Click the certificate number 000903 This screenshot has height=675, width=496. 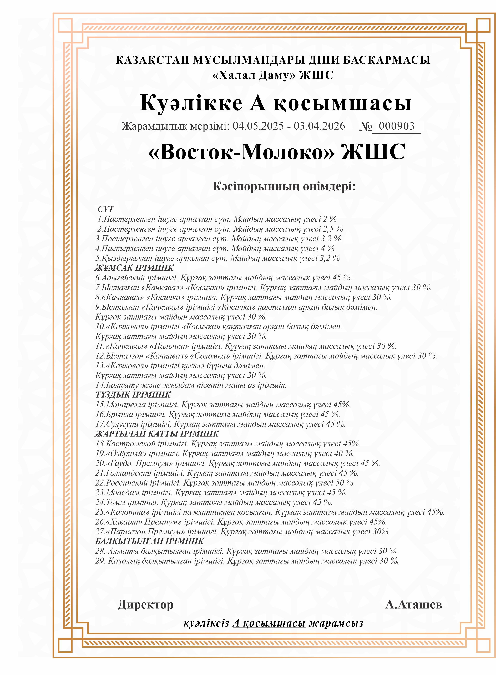[x=396, y=126]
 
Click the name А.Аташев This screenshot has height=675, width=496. [x=413, y=604]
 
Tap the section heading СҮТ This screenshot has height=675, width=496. [x=106, y=209]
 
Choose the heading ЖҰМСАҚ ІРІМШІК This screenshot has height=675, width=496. [x=134, y=268]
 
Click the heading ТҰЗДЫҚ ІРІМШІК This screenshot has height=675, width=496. [x=133, y=395]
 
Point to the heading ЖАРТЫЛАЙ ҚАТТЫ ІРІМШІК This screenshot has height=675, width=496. [x=157, y=434]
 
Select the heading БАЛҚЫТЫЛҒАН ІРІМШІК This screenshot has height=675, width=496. [x=149, y=541]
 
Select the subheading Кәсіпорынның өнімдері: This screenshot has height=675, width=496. [x=284, y=186]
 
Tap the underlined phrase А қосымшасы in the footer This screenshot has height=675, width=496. [x=269, y=623]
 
